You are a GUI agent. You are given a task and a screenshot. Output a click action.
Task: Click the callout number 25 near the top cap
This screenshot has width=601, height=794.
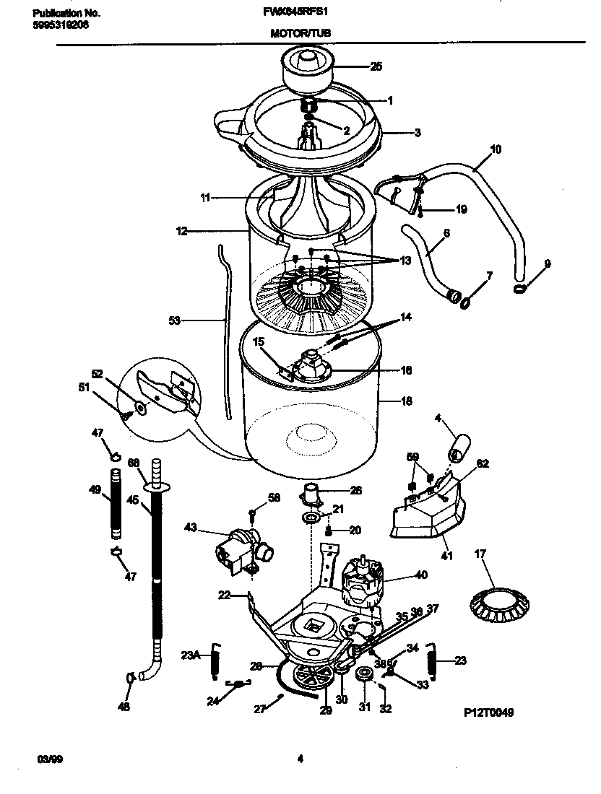point(376,67)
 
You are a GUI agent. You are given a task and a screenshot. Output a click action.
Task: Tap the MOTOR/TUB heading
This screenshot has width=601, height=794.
point(301,33)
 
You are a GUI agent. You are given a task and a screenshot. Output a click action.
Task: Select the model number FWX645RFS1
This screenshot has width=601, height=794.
point(301,13)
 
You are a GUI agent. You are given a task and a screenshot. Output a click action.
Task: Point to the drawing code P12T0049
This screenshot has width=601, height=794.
point(488,712)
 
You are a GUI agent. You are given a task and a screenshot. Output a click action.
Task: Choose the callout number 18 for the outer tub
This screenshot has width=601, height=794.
point(406,401)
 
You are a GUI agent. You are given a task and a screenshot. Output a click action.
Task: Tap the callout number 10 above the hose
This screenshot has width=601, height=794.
point(496,149)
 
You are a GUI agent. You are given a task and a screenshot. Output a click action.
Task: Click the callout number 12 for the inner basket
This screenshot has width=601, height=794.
point(181,231)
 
